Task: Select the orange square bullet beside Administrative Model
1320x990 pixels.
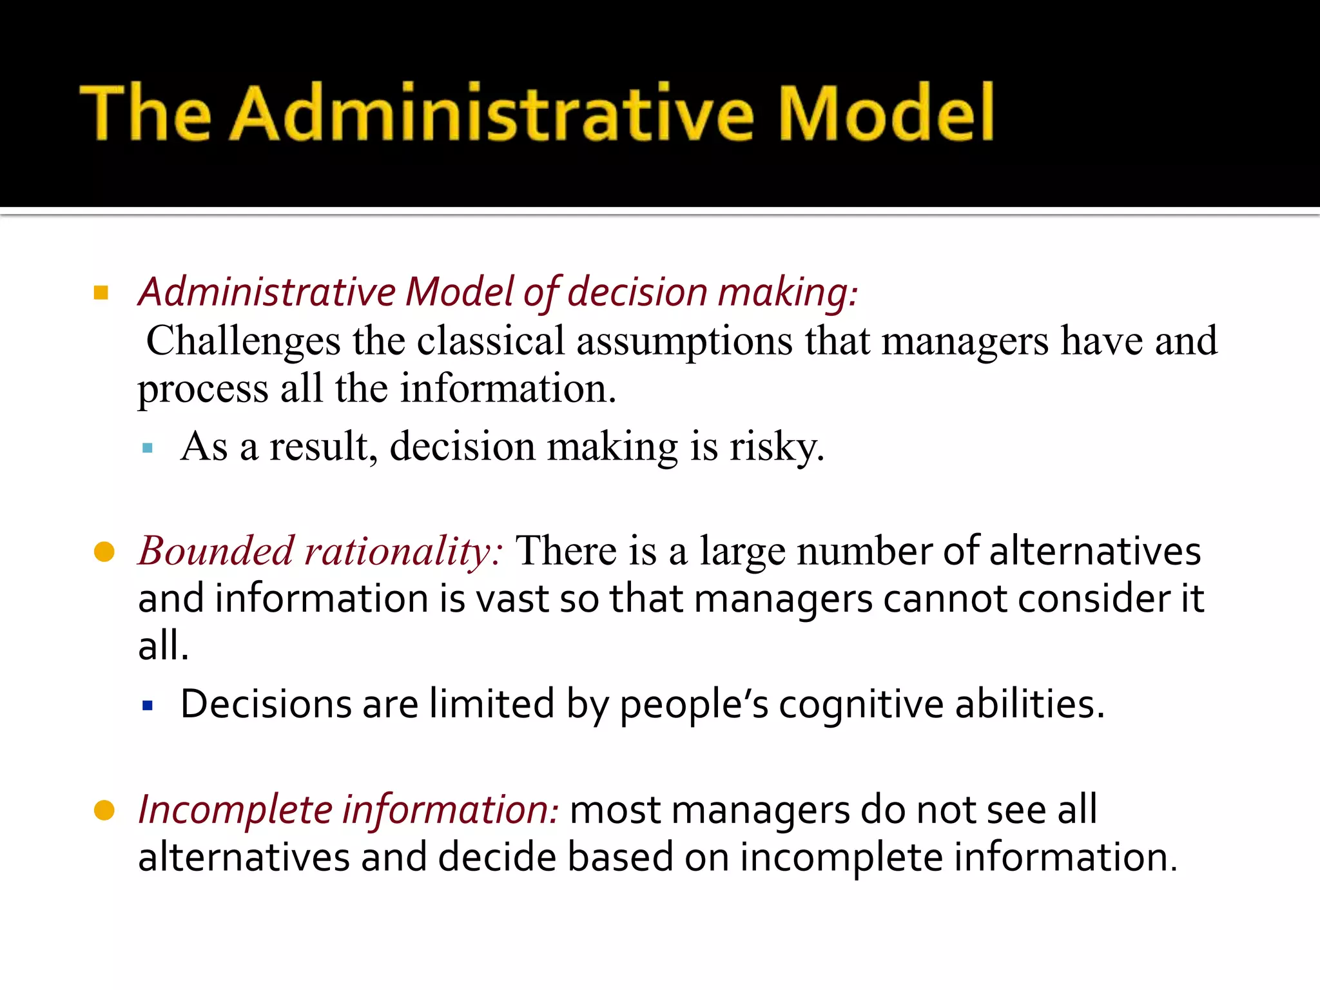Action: tap(101, 294)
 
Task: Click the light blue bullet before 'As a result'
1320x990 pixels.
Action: tap(148, 448)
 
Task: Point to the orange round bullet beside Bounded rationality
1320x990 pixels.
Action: tap(104, 552)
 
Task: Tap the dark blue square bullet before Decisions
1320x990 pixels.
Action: tap(148, 706)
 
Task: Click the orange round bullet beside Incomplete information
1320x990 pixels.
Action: tap(104, 810)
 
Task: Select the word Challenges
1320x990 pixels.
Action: tap(243, 342)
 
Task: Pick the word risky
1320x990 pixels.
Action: tap(777, 447)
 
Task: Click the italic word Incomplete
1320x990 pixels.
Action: tap(235, 810)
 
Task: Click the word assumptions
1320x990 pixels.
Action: tap(684, 342)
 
